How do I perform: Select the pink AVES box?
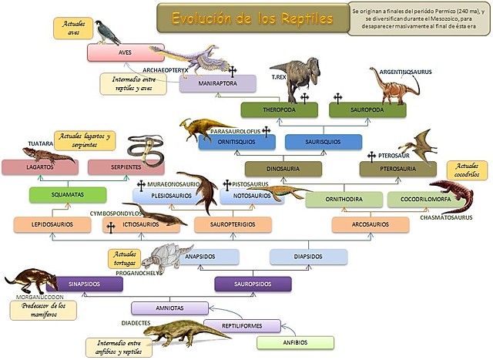point(126,52)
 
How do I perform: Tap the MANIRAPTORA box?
point(217,83)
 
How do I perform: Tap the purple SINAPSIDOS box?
point(85,284)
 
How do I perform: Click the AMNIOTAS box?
point(169,308)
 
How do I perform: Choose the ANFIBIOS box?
point(296,343)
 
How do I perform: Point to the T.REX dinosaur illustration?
point(297,77)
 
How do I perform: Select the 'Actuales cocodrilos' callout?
point(467,170)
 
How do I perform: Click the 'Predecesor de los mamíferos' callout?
point(43,310)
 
